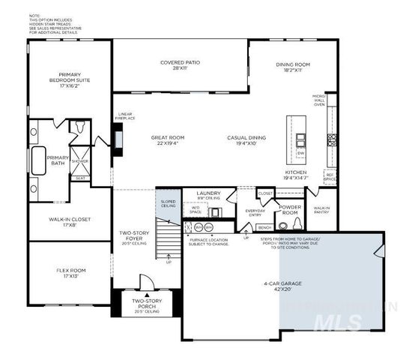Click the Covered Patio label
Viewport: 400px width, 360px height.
[180, 65]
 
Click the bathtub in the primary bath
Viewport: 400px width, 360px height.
[37, 158]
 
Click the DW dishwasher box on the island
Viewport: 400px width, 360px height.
[300, 153]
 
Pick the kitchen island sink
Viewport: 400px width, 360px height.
[300, 139]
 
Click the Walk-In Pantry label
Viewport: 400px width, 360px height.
[322, 210]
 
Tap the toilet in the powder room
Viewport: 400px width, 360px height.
[283, 224]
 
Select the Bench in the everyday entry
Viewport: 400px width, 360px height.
[264, 226]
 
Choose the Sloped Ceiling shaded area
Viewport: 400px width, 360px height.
[167, 205]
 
